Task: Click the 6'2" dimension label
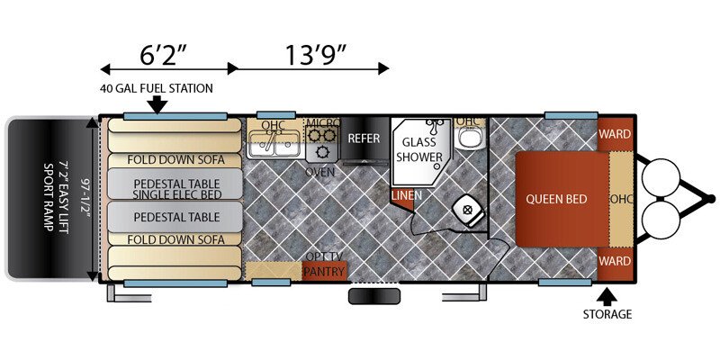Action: pyautogui.click(x=163, y=56)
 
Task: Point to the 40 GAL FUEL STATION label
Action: pyautogui.click(x=156, y=88)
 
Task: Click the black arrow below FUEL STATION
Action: pyautogui.click(x=159, y=104)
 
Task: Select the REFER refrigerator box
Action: pyautogui.click(x=364, y=139)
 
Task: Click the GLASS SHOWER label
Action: pyautogui.click(x=418, y=148)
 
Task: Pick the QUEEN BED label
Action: pyautogui.click(x=556, y=199)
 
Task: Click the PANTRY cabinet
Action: pyautogui.click(x=324, y=271)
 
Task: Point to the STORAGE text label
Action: pyautogui.click(x=607, y=314)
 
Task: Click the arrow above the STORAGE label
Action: pyautogui.click(x=607, y=296)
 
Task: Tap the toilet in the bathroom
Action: pyautogui.click(x=468, y=212)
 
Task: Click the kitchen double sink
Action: pyautogui.click(x=274, y=144)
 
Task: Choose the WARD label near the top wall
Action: pyautogui.click(x=616, y=134)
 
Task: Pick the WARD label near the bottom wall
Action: pyautogui.click(x=616, y=261)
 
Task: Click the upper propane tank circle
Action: pyautogui.click(x=661, y=177)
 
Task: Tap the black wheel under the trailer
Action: pyautogui.click(x=374, y=297)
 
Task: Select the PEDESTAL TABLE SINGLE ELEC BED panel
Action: pyautogui.click(x=175, y=184)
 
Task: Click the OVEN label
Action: pyautogui.click(x=320, y=173)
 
